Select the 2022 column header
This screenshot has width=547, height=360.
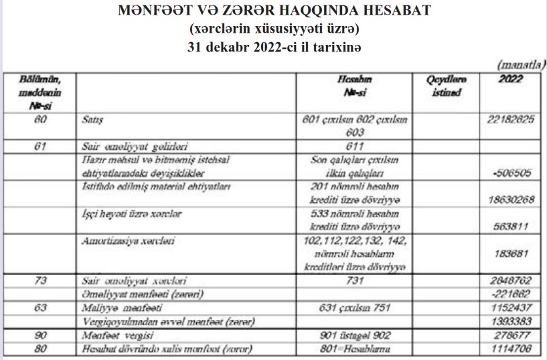(x=510, y=79)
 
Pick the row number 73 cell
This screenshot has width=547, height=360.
(x=39, y=281)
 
